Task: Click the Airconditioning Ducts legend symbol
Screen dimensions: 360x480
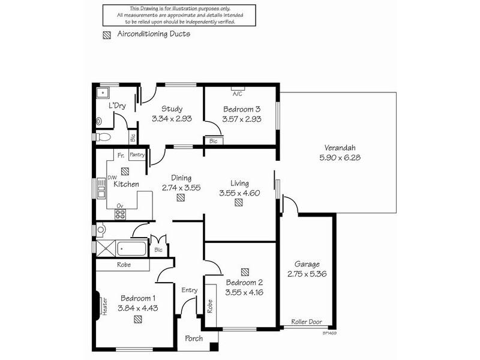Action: (x=107, y=35)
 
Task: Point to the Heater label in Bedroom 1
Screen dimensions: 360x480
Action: (x=104, y=306)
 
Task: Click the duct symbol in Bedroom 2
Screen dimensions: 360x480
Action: (x=245, y=271)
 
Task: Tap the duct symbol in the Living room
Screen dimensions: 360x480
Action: (x=239, y=203)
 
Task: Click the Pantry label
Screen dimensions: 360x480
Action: (x=137, y=155)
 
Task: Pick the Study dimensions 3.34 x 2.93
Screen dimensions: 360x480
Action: (x=172, y=119)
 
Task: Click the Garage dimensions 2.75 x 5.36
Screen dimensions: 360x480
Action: (x=307, y=275)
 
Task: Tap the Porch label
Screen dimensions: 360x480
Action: (x=193, y=339)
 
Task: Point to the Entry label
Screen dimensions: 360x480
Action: (x=190, y=291)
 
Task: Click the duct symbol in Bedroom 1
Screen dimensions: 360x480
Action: (x=139, y=319)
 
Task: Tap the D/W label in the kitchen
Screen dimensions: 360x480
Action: (x=112, y=177)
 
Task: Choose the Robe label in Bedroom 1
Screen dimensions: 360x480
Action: (x=124, y=264)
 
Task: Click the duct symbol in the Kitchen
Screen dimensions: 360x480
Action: (x=125, y=170)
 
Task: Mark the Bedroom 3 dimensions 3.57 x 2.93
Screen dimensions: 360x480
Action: (x=241, y=119)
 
